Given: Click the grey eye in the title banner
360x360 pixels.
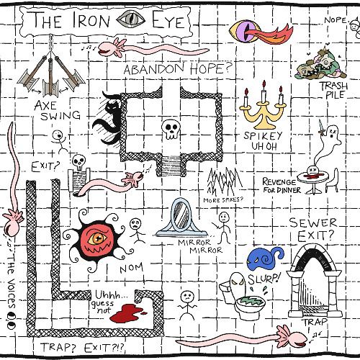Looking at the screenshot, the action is click(131, 19).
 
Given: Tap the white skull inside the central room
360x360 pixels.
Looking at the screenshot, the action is click(171, 129).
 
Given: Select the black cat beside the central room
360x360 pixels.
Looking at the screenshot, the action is click(108, 118).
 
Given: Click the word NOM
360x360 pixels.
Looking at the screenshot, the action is click(132, 268).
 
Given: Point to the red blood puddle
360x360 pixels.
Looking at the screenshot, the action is click(127, 313).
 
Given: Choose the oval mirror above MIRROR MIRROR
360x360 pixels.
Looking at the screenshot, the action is click(182, 215).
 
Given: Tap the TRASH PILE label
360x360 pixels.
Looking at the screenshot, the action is click(334, 90).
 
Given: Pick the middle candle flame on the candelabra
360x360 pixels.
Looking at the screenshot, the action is click(264, 84).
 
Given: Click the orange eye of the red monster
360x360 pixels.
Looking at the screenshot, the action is click(97, 238).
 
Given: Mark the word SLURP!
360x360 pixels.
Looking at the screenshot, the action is click(264, 279).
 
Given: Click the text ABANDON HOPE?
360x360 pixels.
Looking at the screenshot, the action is click(177, 68).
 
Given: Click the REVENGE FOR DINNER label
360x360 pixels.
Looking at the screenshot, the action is click(282, 186).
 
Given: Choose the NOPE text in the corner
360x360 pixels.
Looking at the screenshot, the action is click(336, 20).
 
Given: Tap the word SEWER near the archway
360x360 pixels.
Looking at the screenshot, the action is click(313, 222).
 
